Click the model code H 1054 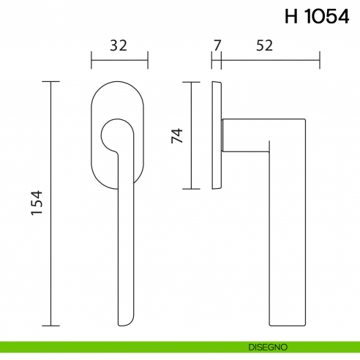[317, 18]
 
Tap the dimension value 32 [119, 45]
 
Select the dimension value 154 [37, 203]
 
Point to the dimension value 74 [176, 135]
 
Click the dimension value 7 [216, 45]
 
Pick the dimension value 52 [265, 45]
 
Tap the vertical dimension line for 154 [50, 220]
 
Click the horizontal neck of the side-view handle [245, 134]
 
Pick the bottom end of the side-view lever [288, 324]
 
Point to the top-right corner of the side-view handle [303, 119]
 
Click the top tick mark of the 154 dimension [50, 82]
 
